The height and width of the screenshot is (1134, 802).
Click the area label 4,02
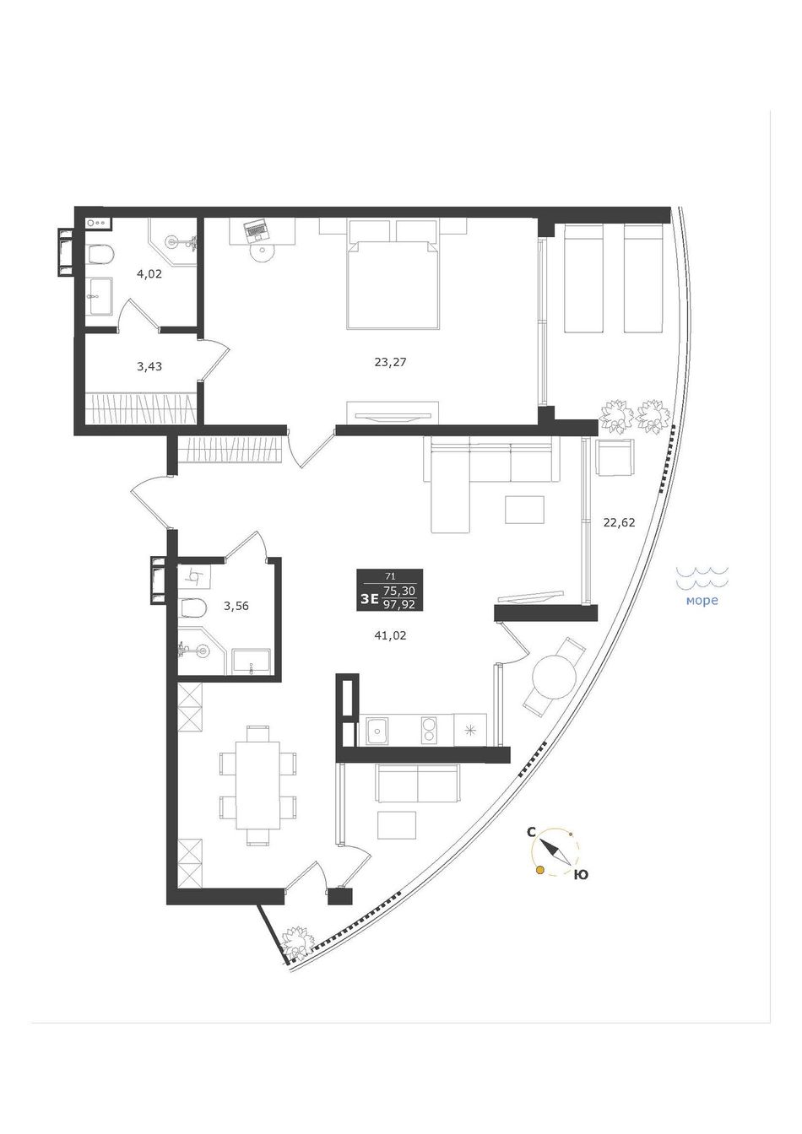(149, 275)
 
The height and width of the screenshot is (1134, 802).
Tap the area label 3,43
(149, 366)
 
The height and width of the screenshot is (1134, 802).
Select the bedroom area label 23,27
(391, 362)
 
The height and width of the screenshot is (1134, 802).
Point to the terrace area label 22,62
(619, 522)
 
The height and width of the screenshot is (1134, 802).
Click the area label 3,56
(236, 606)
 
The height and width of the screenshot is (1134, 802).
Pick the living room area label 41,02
(390, 635)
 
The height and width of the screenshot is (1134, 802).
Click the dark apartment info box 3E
(389, 591)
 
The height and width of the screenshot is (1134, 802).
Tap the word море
(702, 601)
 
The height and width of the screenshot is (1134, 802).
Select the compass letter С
(531, 832)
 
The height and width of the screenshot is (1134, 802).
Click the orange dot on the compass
(540, 870)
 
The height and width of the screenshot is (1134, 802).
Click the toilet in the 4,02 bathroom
(100, 254)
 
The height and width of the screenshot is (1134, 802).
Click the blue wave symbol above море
(702, 578)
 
